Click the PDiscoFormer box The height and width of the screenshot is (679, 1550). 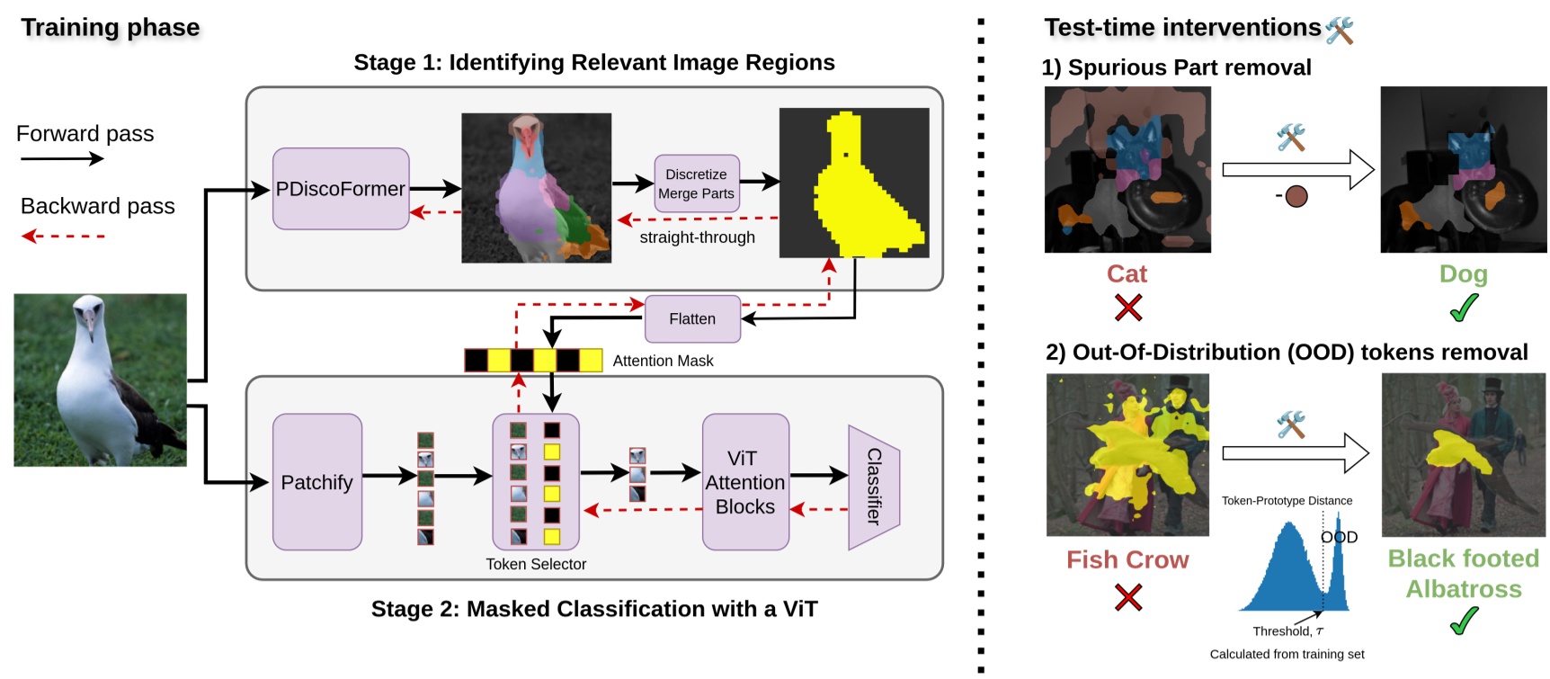[341, 189]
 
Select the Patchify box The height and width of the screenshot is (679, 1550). [317, 482]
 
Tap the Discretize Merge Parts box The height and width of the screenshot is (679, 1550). [697, 183]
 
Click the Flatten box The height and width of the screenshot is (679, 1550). [692, 319]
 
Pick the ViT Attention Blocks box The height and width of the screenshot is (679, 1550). [745, 482]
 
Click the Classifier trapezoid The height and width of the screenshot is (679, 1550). [874, 487]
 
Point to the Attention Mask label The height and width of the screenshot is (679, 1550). [663, 361]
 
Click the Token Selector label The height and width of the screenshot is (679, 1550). [536, 564]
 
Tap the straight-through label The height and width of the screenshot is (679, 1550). [698, 237]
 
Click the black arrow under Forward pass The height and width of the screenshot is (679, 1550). [62, 159]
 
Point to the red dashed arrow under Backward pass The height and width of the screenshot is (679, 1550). [63, 236]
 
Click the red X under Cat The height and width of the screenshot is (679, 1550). [1128, 308]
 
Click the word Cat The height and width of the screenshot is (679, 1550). [1127, 273]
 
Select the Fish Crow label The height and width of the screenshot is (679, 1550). [1127, 559]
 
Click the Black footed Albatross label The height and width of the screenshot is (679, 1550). [1464, 574]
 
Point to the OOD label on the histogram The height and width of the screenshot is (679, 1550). [1339, 537]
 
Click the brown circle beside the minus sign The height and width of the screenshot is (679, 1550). [1296, 196]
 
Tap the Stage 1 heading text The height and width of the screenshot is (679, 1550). [594, 62]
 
